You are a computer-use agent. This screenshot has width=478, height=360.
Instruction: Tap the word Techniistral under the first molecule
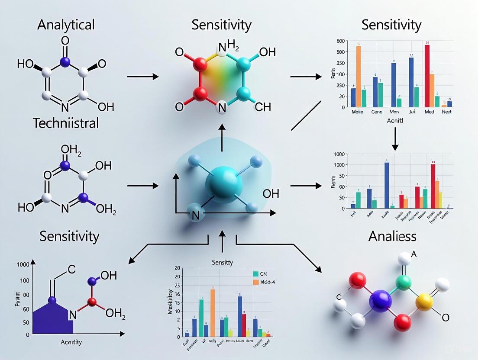[x=66, y=123]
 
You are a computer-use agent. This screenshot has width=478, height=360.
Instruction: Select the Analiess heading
[x=392, y=236]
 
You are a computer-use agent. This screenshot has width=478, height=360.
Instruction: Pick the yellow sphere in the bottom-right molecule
[x=424, y=302]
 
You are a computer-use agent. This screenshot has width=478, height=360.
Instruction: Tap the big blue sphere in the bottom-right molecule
[x=380, y=301]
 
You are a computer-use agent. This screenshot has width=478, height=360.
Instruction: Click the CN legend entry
[x=260, y=273]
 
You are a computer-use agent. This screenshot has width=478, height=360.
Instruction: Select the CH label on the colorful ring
[x=262, y=107]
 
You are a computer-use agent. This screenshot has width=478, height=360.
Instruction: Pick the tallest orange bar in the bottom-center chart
[x=213, y=312]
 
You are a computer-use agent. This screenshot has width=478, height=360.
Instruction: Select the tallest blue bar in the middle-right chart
[x=387, y=185]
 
